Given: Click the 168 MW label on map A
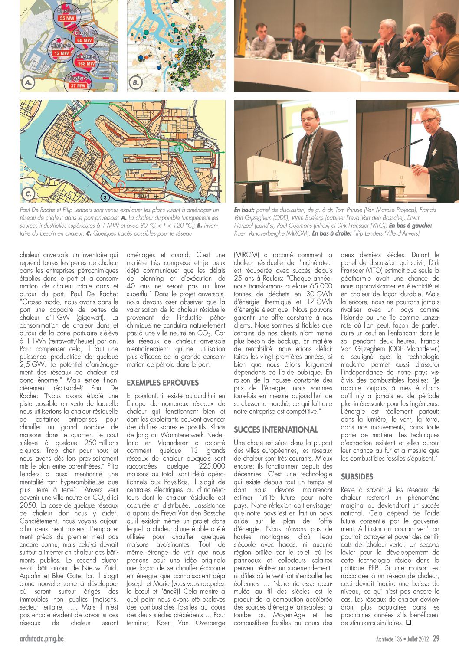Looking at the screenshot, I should coord(86,64).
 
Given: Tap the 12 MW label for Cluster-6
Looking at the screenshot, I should coord(62,53).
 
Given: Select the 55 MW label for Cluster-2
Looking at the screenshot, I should coord(68,18).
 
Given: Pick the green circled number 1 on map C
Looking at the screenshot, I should coord(178,149).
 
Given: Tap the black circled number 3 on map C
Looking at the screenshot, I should coord(105,198).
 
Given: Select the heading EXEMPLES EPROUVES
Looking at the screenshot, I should coord(163,383).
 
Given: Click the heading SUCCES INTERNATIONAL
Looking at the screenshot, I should coord(276,429).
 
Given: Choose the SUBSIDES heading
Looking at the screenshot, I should coord(357,476).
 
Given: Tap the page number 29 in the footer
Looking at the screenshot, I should coord(436,639).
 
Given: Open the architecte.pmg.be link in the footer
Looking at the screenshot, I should coord(42,639).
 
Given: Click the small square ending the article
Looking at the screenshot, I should coord(408,623).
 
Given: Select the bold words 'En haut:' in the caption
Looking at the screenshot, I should coord(244,210).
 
